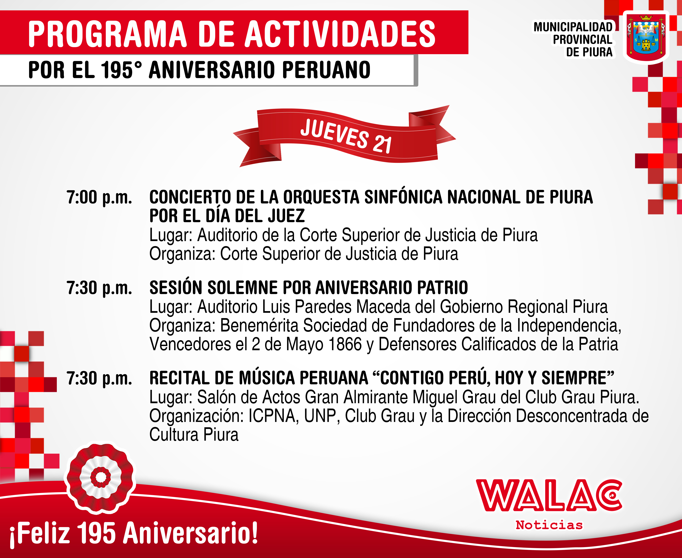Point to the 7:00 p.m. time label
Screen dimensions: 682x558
(x=99, y=197)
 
